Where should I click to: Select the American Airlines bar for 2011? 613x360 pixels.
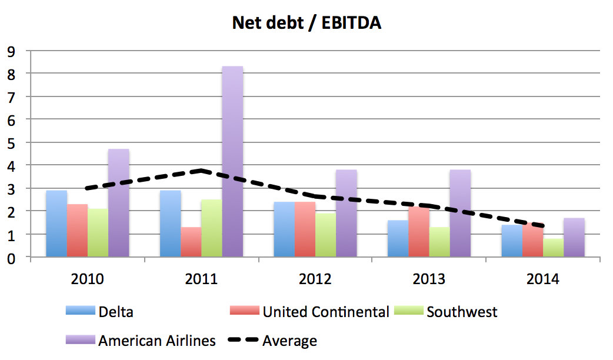coord(232,162)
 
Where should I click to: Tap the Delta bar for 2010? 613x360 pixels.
coord(56,224)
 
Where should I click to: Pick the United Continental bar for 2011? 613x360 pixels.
coord(191,242)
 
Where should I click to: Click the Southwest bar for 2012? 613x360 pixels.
coord(325,235)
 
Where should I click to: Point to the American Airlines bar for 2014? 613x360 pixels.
coord(574,237)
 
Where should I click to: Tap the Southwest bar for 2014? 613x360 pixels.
coord(554,247)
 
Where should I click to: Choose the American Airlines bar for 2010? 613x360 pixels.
coord(118,203)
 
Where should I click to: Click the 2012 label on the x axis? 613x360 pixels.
coord(315,279)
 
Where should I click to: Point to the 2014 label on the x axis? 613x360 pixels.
coord(543,279)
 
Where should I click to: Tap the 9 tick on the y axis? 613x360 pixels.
coord(11,51)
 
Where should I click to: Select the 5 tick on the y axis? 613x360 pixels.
coord(11,143)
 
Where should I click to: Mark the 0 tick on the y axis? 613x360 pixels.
coord(11,258)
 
